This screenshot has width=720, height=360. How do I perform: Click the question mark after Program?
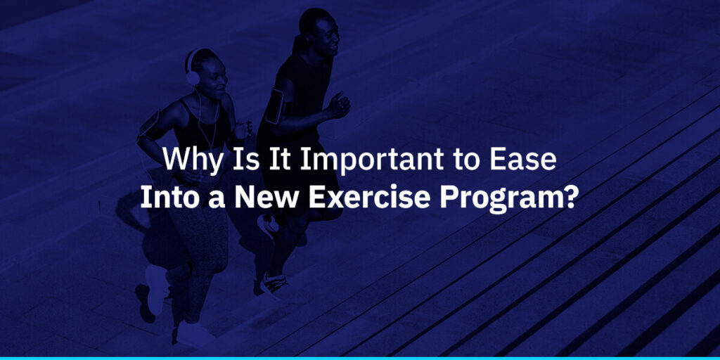pyautogui.click(x=570, y=197)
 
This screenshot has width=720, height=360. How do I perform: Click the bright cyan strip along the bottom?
pyautogui.click(x=360, y=357)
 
